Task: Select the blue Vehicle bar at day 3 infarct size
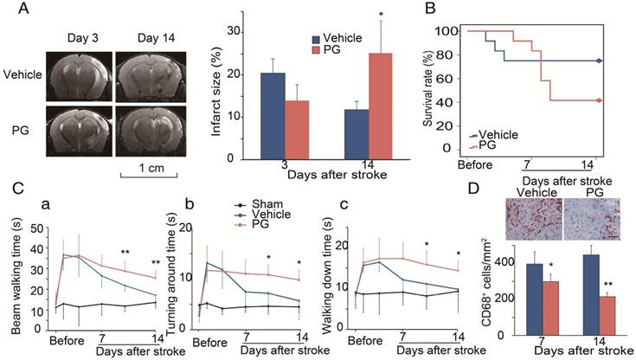[x=248, y=116]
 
